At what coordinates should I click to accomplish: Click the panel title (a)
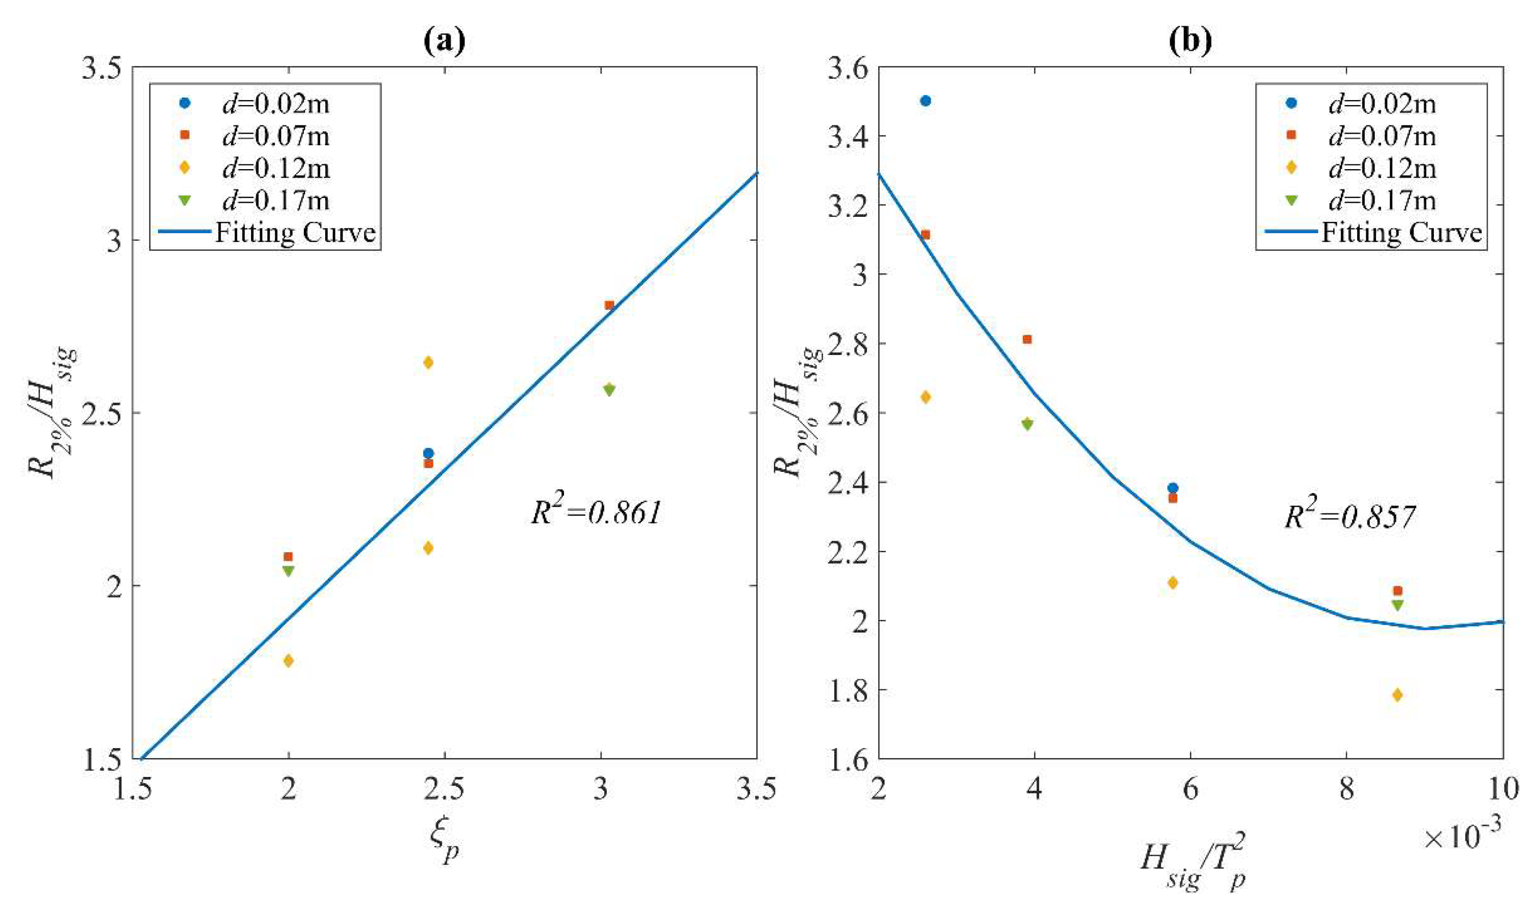(x=445, y=42)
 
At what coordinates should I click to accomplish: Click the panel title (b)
(x=1189, y=42)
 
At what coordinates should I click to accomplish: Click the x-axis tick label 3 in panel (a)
(x=602, y=789)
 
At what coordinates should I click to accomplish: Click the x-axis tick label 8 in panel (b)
(x=1346, y=789)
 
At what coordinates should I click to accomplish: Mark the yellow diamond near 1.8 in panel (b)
(x=1397, y=695)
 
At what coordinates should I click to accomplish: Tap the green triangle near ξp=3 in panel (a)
(x=609, y=390)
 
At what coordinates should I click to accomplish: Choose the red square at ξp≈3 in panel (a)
(x=609, y=305)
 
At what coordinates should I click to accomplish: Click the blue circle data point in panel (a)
(x=428, y=453)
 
